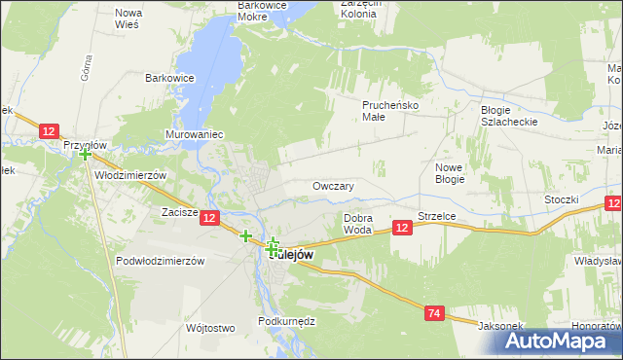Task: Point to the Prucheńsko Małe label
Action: pyautogui.click(x=388, y=110)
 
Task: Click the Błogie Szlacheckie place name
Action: pyautogui.click(x=509, y=116)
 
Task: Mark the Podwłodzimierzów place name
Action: pyautogui.click(x=160, y=261)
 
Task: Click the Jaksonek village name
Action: pyautogui.click(x=499, y=326)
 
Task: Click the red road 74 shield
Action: pyautogui.click(x=435, y=312)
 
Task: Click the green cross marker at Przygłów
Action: pyautogui.click(x=86, y=154)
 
